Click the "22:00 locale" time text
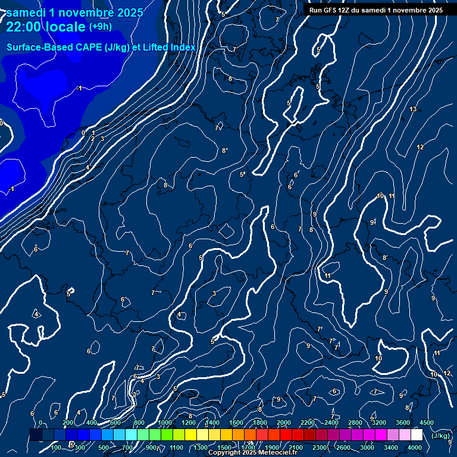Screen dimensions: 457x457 coord(45,27)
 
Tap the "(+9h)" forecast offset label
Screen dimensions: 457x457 coord(100,27)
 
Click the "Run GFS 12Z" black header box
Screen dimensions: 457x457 coord(375,10)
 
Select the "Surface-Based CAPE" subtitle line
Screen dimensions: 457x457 coord(101,47)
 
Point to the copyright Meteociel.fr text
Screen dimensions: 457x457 coord(253,453)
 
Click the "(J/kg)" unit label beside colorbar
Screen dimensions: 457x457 coord(440,436)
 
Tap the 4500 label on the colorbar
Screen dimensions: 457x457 coord(427,422)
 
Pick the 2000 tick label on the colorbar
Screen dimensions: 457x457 coord(284,422)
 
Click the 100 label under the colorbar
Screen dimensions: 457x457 coord(57,447)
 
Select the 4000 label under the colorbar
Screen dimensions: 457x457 coord(415,447)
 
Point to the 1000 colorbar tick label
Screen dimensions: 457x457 coord(164,422)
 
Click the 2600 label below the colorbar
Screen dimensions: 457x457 coord(343,447)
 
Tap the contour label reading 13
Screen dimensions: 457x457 coord(413,109)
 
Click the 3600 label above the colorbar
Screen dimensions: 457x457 coord(403,422)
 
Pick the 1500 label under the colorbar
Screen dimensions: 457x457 coord(224,447)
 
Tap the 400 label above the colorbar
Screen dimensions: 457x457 coord(92,422)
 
